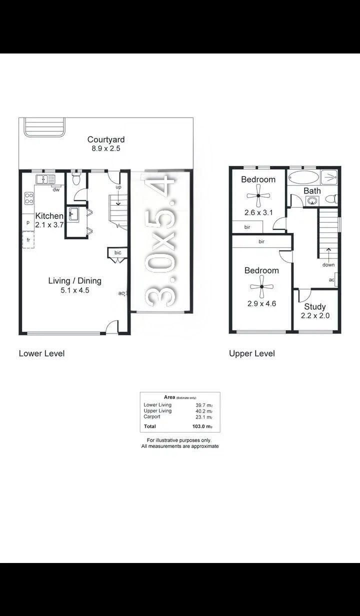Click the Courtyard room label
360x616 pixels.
tap(106, 139)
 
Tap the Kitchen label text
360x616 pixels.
tap(49, 216)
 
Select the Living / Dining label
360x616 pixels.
tap(75, 281)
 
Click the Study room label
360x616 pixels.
tap(315, 306)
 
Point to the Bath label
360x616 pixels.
tap(312, 190)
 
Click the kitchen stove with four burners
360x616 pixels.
tap(29, 198)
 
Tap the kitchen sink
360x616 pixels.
tap(45, 179)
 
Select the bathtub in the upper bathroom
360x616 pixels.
tap(303, 177)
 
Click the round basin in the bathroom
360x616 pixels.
tap(312, 201)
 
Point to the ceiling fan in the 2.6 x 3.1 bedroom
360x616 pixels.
tap(258, 196)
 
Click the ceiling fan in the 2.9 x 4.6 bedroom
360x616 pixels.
tap(261, 287)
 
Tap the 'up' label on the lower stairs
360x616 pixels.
tap(118, 187)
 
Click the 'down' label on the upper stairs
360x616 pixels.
tap(328, 265)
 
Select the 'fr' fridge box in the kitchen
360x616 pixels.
tap(28, 240)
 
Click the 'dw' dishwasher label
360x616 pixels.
tap(56, 190)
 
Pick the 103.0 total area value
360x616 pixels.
tap(202, 426)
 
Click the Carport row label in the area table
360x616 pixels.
tap(152, 416)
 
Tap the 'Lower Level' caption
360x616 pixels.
tap(42, 353)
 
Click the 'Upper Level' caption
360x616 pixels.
tap(252, 353)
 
